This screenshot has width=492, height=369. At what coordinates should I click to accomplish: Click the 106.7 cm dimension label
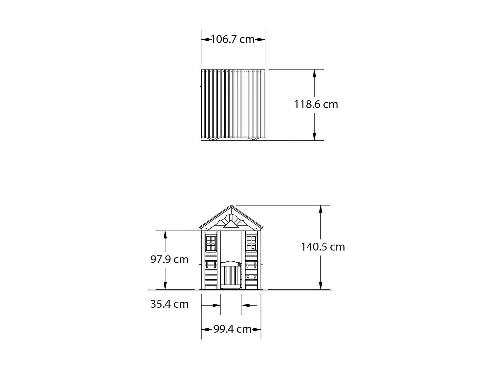tap(233, 39)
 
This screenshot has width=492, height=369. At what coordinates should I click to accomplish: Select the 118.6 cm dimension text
tap(316, 104)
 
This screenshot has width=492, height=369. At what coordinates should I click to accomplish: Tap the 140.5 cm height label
tap(323, 247)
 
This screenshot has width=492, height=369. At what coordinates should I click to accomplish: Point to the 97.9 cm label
tap(169, 259)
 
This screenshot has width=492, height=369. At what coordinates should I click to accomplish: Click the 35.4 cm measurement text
tap(169, 304)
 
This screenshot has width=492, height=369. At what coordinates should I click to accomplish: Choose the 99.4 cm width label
tap(232, 329)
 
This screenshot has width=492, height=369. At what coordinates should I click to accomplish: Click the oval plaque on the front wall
tap(251, 277)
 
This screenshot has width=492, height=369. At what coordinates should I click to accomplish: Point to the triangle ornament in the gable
tap(231, 224)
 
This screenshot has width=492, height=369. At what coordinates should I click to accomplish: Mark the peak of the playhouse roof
tap(231, 206)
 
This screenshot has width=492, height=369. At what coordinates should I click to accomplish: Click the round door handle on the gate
tap(239, 264)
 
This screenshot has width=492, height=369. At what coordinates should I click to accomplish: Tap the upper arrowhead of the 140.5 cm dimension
tap(321, 209)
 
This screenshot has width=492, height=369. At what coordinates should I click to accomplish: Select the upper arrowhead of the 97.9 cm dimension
tap(165, 235)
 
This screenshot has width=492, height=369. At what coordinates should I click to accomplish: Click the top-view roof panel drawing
tap(233, 104)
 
